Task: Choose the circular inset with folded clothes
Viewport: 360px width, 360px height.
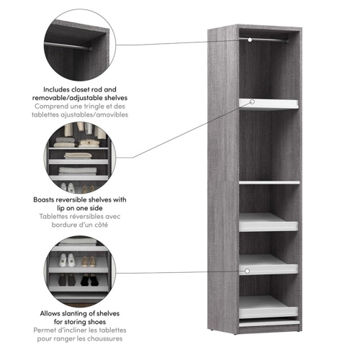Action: [78, 154]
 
